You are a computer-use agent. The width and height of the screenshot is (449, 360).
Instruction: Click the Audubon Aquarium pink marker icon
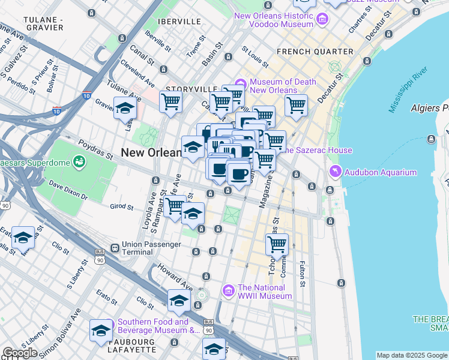pos(335,172)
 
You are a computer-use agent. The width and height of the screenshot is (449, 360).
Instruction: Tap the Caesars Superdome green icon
pos(79,161)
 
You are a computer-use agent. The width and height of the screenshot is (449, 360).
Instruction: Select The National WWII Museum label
pos(265,292)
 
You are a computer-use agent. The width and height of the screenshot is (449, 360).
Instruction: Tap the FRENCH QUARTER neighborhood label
pos(315,52)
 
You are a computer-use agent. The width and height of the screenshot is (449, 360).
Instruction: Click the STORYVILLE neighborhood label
pos(190,89)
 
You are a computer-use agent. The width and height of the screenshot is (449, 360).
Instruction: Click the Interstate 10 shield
pos(86,95)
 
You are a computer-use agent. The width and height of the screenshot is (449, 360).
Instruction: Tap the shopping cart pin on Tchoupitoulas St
pos(277,244)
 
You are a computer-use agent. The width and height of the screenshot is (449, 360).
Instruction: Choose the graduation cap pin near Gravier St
pos(125,108)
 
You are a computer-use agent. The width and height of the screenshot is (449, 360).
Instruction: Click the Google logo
pos(20,353)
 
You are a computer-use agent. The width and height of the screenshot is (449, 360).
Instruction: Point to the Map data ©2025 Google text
pos(412,355)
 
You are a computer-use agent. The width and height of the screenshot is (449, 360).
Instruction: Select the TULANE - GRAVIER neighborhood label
pos(43,23)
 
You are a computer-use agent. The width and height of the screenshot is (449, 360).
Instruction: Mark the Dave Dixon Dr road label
pos(67,190)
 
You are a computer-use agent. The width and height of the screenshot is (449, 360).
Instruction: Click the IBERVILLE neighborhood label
pos(179,21)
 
